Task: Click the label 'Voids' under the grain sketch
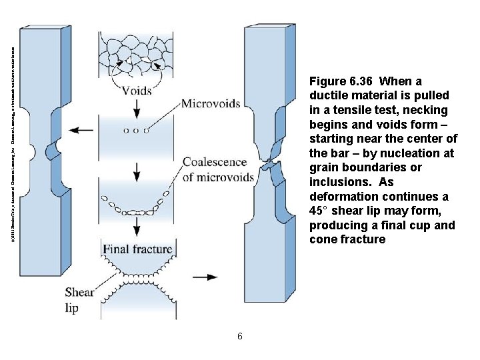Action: [x=136, y=90]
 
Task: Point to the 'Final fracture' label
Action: [x=137, y=249]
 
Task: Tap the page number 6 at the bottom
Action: [x=239, y=336]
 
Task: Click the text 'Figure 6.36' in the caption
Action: [x=339, y=81]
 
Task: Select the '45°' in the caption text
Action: [x=321, y=211]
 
